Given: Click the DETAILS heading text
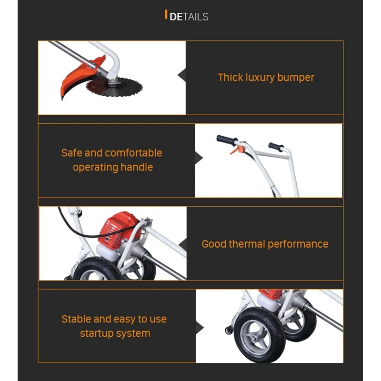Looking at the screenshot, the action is (189, 17).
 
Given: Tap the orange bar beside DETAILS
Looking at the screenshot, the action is (166, 14).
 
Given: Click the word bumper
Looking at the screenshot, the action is (295, 78).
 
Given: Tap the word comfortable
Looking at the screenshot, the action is (133, 153).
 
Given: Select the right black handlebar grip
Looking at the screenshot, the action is (276, 147).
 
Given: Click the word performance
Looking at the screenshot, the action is (298, 244).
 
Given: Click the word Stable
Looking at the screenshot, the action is (76, 319).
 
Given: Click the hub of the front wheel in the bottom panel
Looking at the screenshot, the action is (256, 338).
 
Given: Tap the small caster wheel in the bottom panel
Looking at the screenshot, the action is (229, 330).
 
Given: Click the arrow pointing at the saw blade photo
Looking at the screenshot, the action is (182, 75).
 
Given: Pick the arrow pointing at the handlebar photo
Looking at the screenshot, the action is (199, 158).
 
